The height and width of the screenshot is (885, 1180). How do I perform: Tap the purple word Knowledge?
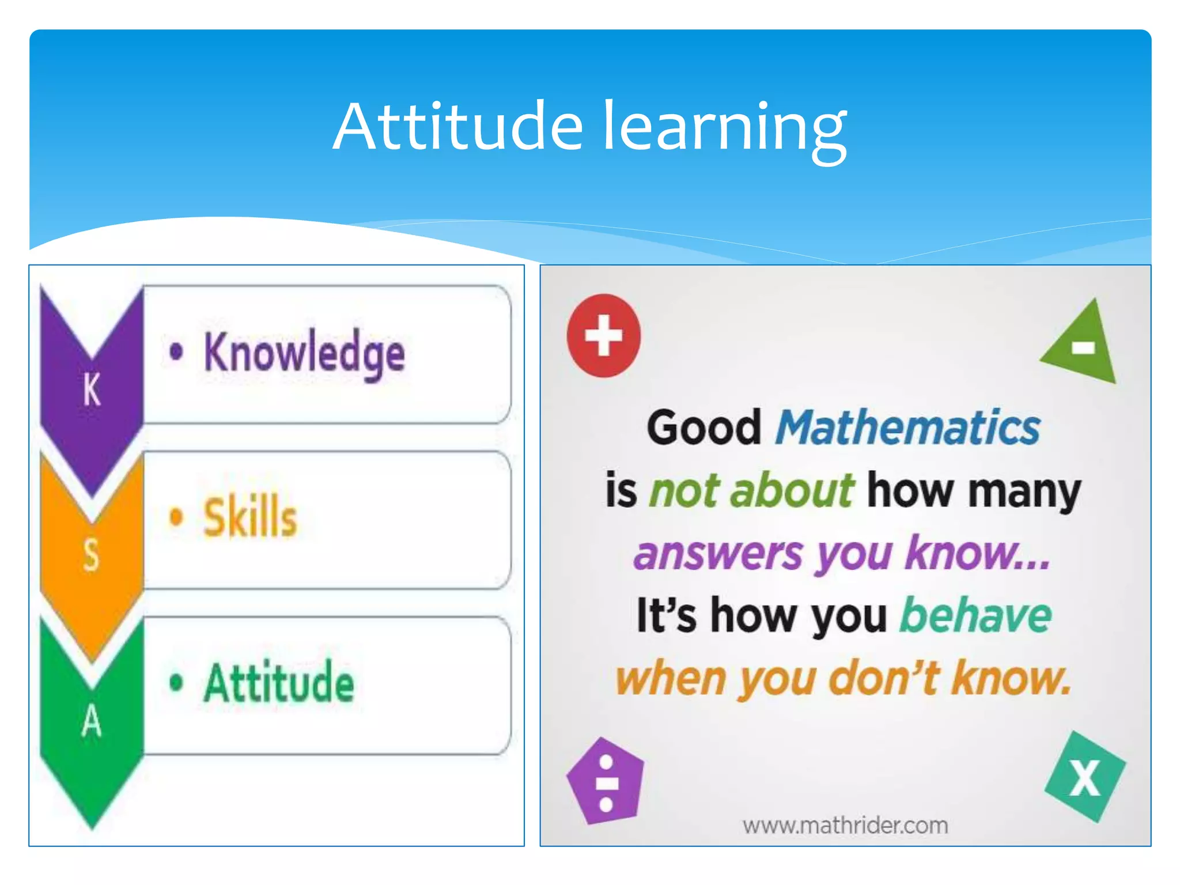(304, 353)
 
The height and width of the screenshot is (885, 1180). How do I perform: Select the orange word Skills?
(250, 517)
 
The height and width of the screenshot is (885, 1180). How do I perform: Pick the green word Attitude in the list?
(279, 682)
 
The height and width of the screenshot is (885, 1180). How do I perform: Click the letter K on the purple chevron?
(92, 390)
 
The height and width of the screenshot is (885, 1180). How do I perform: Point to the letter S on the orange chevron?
(91, 555)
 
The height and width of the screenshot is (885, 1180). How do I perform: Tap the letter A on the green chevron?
(92, 721)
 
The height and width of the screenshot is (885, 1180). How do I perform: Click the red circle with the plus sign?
(603, 335)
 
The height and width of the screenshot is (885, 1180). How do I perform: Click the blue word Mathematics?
(907, 428)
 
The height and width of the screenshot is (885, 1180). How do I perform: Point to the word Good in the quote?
(704, 428)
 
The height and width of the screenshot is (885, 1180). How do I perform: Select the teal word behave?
(975, 615)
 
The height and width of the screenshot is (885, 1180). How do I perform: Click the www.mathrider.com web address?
(845, 826)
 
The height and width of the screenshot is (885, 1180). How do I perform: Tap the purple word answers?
(718, 553)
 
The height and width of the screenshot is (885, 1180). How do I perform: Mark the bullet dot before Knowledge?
(176, 351)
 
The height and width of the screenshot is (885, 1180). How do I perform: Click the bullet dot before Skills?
(176, 516)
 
